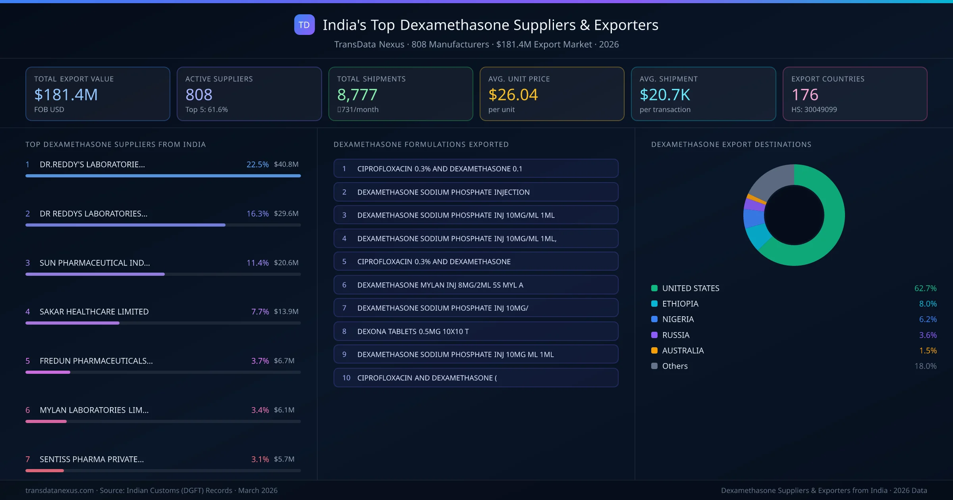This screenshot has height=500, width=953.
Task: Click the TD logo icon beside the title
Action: click(304, 25)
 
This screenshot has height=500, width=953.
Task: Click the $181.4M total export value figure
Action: click(66, 95)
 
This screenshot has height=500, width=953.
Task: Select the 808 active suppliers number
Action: click(199, 95)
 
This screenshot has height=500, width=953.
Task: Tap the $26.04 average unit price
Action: click(513, 95)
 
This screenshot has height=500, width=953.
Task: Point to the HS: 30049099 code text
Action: click(814, 110)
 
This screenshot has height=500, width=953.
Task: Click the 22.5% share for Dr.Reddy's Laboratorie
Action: click(257, 164)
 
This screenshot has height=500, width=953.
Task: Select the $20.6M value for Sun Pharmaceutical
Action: click(286, 263)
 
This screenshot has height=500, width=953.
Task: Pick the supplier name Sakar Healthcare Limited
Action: click(94, 312)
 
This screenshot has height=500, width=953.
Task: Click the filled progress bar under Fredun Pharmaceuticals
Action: click(48, 372)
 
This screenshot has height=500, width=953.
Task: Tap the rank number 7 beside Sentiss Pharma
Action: click(28, 460)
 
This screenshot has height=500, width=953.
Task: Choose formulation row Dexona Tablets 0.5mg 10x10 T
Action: click(476, 331)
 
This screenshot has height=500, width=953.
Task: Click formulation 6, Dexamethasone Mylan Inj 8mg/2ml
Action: click(476, 285)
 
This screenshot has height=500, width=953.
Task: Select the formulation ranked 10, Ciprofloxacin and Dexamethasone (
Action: click(476, 378)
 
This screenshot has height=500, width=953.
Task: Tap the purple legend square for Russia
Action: click(654, 335)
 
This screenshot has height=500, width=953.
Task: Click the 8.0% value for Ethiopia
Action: click(928, 304)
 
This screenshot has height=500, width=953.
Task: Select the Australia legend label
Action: click(683, 351)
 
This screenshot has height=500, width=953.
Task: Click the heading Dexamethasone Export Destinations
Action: click(731, 144)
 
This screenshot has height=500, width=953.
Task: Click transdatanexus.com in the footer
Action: click(60, 490)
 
